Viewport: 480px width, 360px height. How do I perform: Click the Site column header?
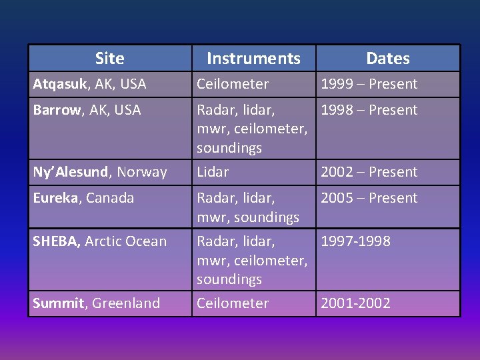click(x=109, y=59)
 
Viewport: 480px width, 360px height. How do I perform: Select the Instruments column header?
click(x=253, y=59)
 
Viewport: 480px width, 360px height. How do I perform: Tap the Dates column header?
click(x=387, y=59)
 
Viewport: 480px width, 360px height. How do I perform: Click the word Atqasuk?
click(x=59, y=85)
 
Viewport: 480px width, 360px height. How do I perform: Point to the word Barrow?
click(x=55, y=110)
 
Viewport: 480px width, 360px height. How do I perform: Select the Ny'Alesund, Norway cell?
click(x=100, y=172)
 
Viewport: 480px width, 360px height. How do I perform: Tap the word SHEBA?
click(x=57, y=241)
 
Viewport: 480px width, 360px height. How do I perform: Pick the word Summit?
click(x=59, y=303)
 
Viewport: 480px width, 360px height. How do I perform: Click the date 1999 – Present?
click(x=369, y=84)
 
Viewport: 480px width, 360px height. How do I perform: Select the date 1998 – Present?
click(x=369, y=110)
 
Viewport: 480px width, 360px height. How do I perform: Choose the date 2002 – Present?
click(x=369, y=172)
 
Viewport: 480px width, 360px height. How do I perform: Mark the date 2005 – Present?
click(x=369, y=198)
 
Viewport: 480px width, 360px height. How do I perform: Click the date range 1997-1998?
click(x=355, y=241)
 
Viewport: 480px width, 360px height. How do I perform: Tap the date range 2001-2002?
click(x=355, y=303)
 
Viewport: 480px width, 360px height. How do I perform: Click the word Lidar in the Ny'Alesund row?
click(x=212, y=172)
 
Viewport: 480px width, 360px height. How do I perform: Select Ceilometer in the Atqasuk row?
click(x=232, y=84)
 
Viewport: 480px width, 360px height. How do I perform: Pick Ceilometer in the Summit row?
click(x=232, y=303)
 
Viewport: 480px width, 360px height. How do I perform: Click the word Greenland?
click(x=126, y=303)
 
